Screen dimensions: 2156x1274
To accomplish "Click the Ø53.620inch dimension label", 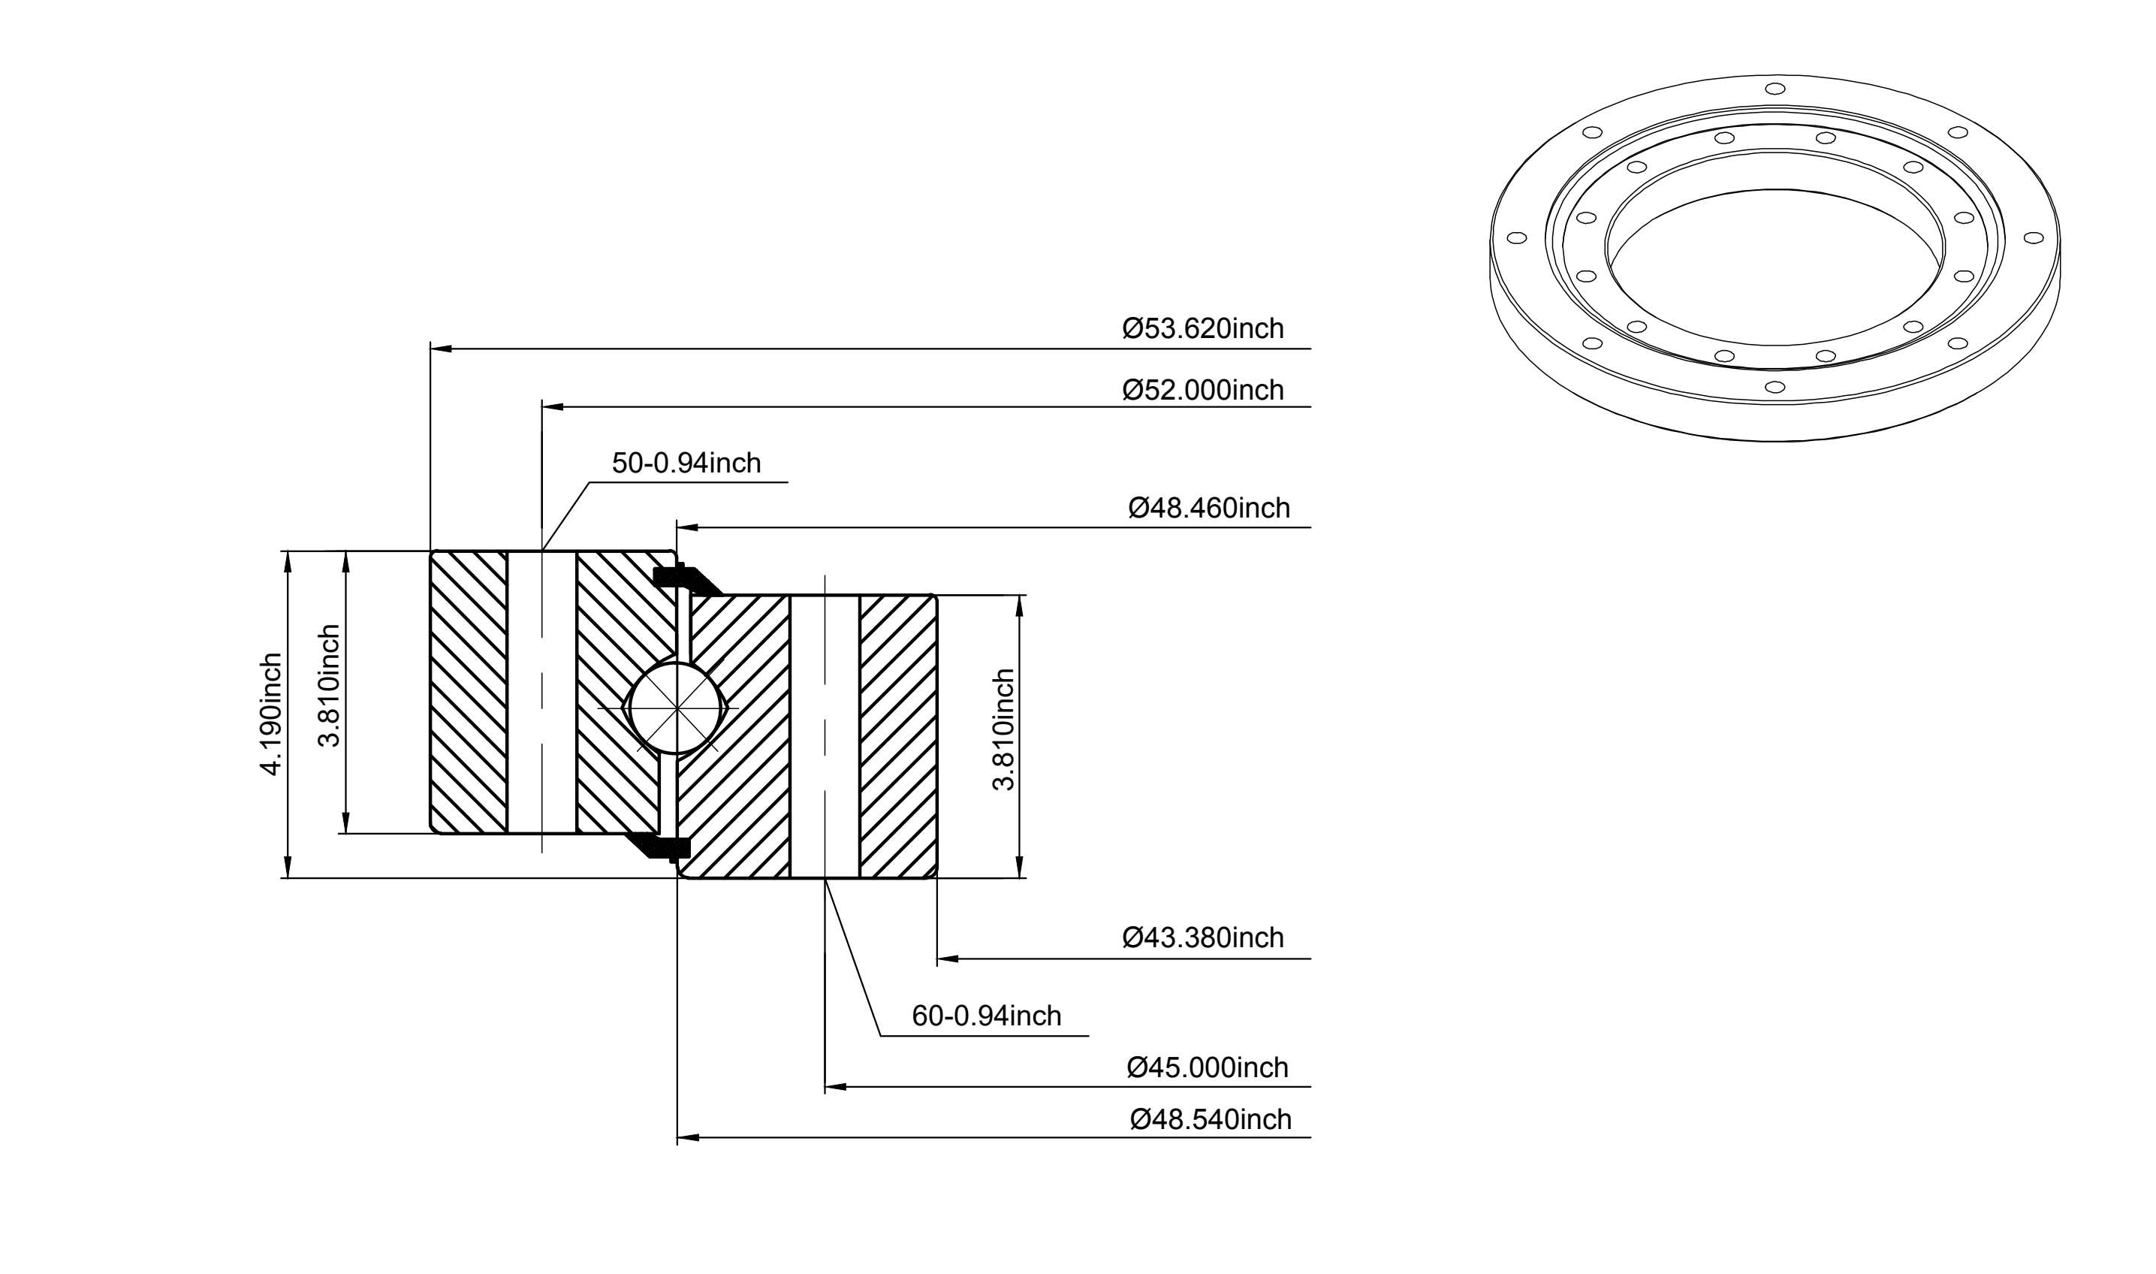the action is coord(1202,329).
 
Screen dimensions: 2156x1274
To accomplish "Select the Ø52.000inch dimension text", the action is coord(1202,391).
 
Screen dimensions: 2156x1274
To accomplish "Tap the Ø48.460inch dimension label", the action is coord(1208,509).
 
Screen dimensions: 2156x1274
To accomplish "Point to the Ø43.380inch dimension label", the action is coord(1202,937).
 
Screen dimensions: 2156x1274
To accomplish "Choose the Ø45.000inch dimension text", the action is coord(1207,1068).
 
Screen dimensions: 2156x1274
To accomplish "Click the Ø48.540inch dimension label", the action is coord(1211,1119).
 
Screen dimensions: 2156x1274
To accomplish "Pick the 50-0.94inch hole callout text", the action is coord(686,463).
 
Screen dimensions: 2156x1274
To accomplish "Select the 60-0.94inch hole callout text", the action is coord(986,1016).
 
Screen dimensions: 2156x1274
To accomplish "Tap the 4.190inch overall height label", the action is coord(271,714).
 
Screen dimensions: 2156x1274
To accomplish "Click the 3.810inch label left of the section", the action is coord(330,685).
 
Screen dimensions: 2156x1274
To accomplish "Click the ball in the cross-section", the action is coord(677,708).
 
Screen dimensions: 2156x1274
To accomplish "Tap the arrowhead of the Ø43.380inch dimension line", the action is coord(948,958).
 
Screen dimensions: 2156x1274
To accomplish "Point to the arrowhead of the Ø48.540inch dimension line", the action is coord(689,1137).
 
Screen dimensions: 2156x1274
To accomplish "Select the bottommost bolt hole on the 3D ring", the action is coord(1775,387).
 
